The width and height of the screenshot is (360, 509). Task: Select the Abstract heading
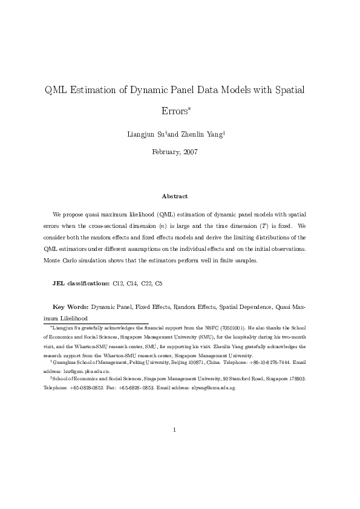(x=175, y=196)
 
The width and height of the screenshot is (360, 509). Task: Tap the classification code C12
(x=119, y=283)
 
